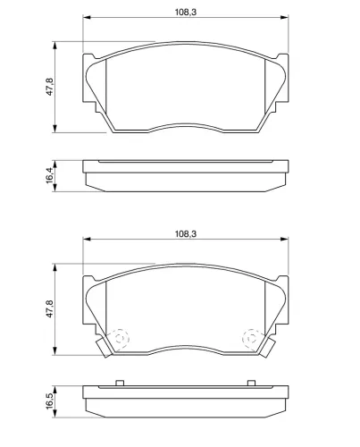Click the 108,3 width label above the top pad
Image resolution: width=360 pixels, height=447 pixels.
(185, 13)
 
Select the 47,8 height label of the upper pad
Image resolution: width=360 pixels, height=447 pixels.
(50, 87)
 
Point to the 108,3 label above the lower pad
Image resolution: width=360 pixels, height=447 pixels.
(185, 233)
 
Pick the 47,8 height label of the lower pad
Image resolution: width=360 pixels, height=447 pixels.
(50, 308)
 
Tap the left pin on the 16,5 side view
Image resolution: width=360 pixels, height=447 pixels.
(118, 384)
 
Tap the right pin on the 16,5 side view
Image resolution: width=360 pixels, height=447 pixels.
(253, 384)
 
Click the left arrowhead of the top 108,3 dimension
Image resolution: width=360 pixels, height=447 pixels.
(87, 20)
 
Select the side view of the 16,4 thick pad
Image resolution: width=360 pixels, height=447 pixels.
(185, 174)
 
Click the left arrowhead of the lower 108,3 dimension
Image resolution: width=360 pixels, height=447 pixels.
(87, 240)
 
